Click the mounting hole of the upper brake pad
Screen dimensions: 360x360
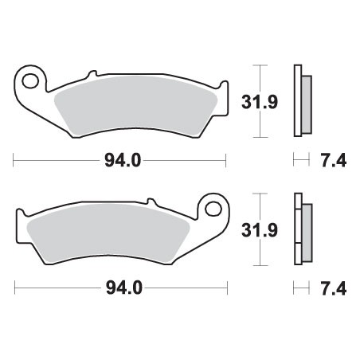click(x=30, y=80)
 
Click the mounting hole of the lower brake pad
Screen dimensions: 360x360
click(x=213, y=209)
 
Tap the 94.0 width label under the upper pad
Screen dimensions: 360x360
click(x=123, y=160)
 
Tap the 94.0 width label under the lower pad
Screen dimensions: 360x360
click(x=124, y=288)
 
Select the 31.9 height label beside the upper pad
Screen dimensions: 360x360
click(x=260, y=102)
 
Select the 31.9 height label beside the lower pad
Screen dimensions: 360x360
click(x=260, y=230)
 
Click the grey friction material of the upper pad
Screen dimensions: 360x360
click(x=135, y=105)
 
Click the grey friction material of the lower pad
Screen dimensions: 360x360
click(x=108, y=233)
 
